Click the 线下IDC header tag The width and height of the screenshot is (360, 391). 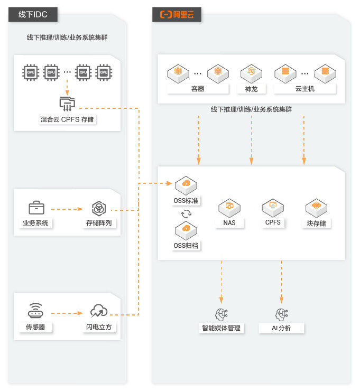[33, 14]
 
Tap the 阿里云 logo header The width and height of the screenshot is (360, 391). [177, 14]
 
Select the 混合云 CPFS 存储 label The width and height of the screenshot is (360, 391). [67, 119]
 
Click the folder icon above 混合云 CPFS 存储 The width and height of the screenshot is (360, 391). [67, 103]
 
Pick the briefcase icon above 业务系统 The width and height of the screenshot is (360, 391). [36, 207]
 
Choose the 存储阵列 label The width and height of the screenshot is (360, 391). [99, 223]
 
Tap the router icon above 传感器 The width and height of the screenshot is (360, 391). [35, 311]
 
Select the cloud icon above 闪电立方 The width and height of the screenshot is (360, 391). [99, 311]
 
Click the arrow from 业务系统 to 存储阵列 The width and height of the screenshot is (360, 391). [67, 209]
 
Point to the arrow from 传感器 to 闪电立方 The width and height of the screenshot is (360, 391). [67, 313]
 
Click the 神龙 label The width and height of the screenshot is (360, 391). [251, 89]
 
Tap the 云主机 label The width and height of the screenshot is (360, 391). [304, 89]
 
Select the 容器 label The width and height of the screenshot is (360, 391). [198, 89]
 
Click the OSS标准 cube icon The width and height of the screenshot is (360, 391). [186, 184]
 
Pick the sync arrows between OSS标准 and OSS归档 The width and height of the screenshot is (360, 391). [186, 214]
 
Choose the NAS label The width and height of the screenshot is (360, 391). [229, 223]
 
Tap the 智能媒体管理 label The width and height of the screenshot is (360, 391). [221, 328]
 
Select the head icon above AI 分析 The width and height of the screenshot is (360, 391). [281, 313]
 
